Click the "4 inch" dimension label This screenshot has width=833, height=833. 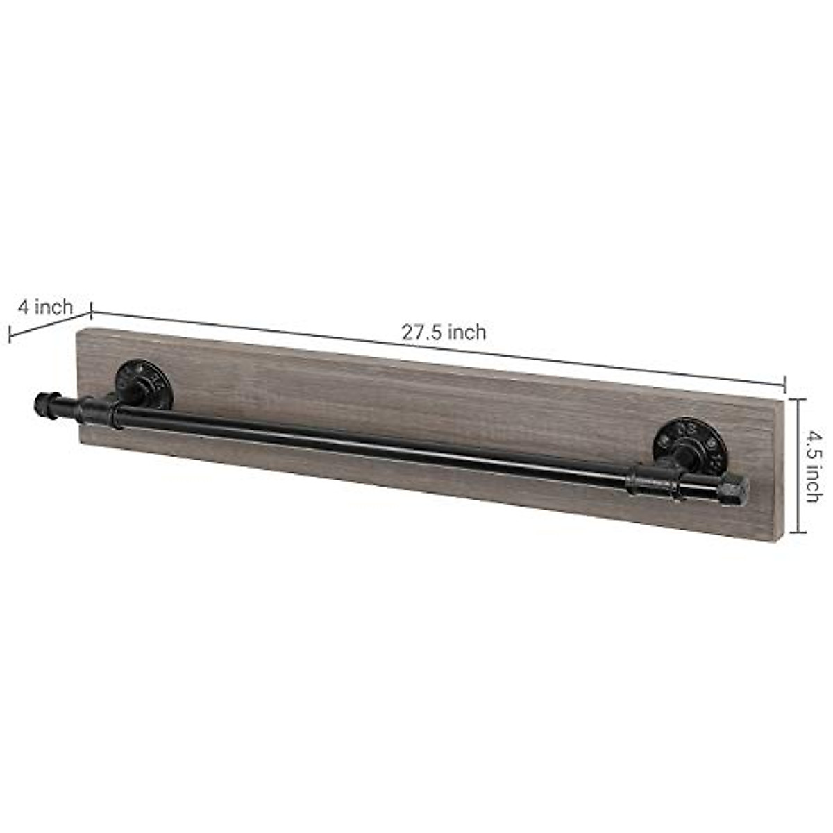pyautogui.click(x=45, y=307)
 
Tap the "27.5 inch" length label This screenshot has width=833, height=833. pyautogui.click(x=444, y=333)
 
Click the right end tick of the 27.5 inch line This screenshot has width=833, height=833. pyautogui.click(x=785, y=382)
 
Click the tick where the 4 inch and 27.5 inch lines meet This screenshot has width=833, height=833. pyautogui.click(x=92, y=312)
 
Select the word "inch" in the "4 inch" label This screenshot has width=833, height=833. pyautogui.click(x=54, y=307)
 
